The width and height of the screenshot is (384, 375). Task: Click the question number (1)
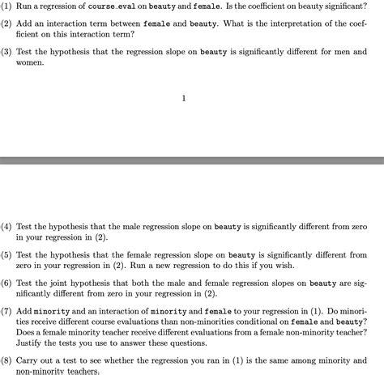pos(6,6)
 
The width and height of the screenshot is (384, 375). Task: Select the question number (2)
pos(6,24)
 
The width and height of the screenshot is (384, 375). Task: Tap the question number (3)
pos(6,53)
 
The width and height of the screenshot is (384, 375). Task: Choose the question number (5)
pos(6,255)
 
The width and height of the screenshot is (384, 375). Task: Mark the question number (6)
pos(6,283)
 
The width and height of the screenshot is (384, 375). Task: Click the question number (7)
pos(6,311)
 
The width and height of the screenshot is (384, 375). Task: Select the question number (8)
pos(6,360)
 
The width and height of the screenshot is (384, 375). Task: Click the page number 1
pos(184,99)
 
